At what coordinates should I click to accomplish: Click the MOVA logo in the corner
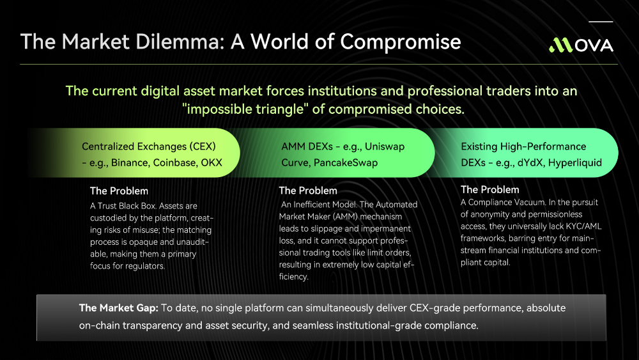click(581, 45)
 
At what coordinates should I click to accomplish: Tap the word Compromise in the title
click(400, 42)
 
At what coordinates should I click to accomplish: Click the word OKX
click(212, 162)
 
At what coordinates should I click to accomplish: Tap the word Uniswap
click(385, 147)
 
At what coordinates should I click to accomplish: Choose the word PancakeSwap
click(346, 162)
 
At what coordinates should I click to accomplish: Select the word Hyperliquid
click(574, 162)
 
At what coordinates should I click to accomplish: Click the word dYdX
click(530, 162)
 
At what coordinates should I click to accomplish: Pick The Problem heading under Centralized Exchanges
click(119, 191)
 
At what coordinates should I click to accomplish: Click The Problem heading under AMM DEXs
click(308, 191)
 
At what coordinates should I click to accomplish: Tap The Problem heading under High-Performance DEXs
click(490, 189)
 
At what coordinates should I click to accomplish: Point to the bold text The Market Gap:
click(119, 308)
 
